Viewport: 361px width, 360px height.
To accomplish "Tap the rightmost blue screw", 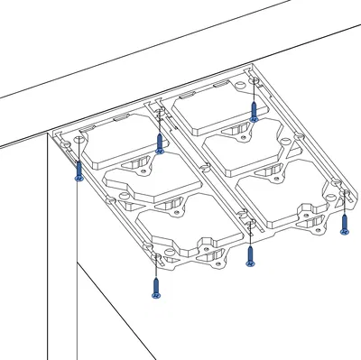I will coord(344,224).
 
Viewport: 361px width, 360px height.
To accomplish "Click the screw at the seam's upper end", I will coord(160,143).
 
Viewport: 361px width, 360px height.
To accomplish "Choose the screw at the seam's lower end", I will coord(250,255).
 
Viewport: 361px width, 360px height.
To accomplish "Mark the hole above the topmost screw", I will coord(255,81).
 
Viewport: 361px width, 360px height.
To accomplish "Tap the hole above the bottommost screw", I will coord(155,259).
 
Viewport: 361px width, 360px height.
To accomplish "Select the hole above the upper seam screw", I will coord(160,115).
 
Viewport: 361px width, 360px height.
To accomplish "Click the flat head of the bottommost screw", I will coord(155,297).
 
